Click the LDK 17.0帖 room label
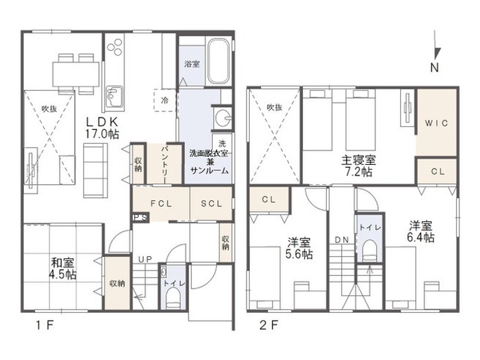(x=102, y=128)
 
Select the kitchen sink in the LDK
(x=114, y=97)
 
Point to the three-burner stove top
(x=115, y=48)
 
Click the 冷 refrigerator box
(x=165, y=100)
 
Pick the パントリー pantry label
(x=165, y=165)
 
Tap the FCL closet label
(x=162, y=204)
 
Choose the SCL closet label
(x=212, y=204)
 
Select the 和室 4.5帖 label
(x=63, y=269)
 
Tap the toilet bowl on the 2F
(x=370, y=250)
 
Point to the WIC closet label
(x=436, y=123)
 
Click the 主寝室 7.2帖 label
(x=358, y=166)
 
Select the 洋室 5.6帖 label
(x=299, y=249)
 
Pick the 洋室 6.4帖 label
(x=420, y=231)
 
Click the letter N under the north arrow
(x=434, y=67)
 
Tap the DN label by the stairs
(x=342, y=240)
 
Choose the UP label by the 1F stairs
(x=145, y=260)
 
